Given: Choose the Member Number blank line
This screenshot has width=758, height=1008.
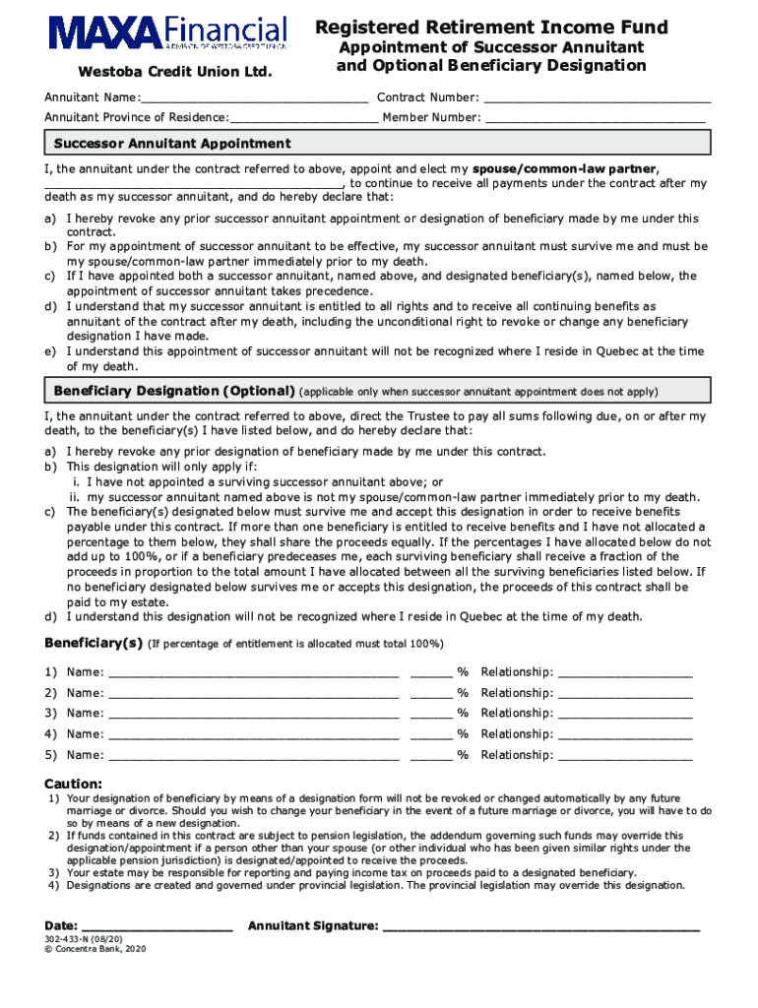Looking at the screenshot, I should [597, 117].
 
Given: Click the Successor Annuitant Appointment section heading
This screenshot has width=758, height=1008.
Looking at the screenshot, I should [172, 144].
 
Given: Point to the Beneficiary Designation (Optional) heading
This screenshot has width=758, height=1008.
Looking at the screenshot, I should [174, 391].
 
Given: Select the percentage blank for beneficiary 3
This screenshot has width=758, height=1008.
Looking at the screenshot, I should [431, 714].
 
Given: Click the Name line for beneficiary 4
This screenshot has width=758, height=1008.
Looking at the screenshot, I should [253, 734].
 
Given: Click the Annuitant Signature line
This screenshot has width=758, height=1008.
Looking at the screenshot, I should [540, 926].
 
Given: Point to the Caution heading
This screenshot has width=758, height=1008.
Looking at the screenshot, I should [73, 783].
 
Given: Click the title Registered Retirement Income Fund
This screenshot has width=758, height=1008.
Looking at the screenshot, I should [491, 28].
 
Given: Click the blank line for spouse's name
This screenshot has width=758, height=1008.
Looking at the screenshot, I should [194, 183].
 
